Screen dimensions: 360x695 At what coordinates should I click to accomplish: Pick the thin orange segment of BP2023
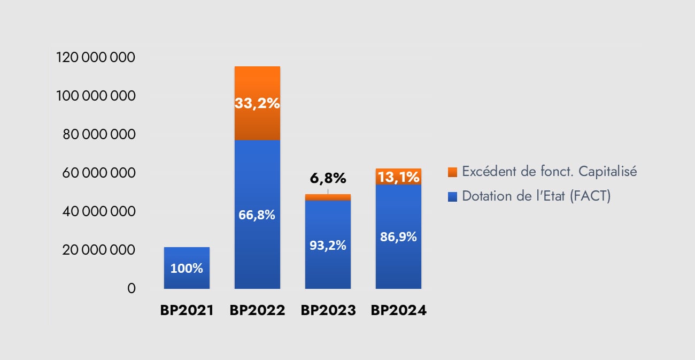click(x=328, y=197)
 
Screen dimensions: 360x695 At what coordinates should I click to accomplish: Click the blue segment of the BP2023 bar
click(x=328, y=267)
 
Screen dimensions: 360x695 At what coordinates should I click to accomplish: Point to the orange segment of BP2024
click(x=398, y=177)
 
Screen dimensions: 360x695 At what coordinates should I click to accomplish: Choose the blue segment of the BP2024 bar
click(x=398, y=262)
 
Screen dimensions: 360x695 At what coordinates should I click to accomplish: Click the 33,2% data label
click(x=257, y=103)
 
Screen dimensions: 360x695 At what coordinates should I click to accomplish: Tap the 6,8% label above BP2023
click(x=328, y=178)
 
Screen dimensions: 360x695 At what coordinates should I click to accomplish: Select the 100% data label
click(x=187, y=269)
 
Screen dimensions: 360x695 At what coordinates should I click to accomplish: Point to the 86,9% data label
click(x=398, y=237)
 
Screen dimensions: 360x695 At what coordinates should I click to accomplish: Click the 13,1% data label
click(x=398, y=177)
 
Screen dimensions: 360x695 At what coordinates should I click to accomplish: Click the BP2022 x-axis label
click(x=257, y=310)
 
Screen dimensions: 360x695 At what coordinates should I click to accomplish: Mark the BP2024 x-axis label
click(x=398, y=310)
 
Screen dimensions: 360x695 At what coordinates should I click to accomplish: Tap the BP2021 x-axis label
click(x=187, y=310)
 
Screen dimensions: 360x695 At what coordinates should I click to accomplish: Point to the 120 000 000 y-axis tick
click(x=96, y=57)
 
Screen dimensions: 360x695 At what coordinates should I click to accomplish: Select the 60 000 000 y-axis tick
click(x=99, y=173)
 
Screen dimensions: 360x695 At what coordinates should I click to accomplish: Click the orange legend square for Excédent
click(x=452, y=172)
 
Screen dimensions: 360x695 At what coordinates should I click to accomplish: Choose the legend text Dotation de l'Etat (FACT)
click(x=536, y=196)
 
